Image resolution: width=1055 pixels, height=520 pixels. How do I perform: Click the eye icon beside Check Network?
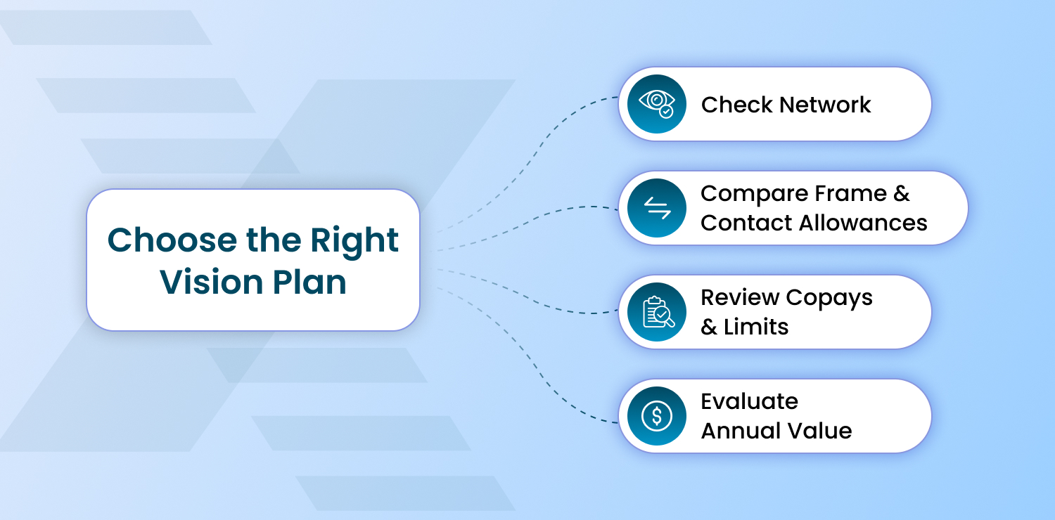pyautogui.click(x=656, y=104)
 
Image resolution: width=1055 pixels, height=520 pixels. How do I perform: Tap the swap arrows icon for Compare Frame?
pyautogui.click(x=656, y=208)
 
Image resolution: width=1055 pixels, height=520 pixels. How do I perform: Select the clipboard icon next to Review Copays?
pyautogui.click(x=656, y=312)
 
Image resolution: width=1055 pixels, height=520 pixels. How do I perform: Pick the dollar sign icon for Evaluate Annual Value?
pyautogui.click(x=656, y=416)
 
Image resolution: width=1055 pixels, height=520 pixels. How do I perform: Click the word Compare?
pyautogui.click(x=753, y=193)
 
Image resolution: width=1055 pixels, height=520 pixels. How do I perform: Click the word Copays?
pyautogui.click(x=829, y=297)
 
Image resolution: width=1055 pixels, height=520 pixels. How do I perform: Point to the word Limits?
pyautogui.click(x=756, y=327)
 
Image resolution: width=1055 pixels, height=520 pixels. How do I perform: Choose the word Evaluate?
pyautogui.click(x=749, y=401)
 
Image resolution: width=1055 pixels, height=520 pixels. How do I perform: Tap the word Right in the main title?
pyautogui.click(x=360, y=240)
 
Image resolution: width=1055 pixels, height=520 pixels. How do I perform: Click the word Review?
pyautogui.click(x=739, y=297)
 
